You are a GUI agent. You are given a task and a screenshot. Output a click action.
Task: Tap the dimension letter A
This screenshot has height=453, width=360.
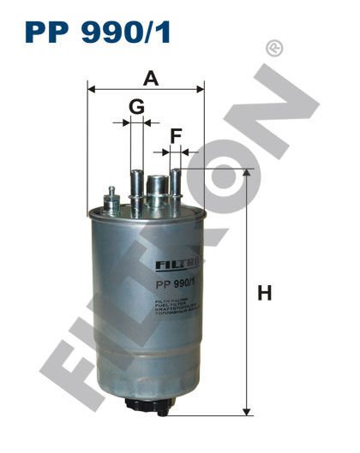(151, 79)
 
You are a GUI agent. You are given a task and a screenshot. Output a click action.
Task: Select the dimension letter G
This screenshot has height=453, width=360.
(135, 106)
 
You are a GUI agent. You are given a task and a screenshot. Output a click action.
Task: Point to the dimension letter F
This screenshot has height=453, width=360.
(176, 134)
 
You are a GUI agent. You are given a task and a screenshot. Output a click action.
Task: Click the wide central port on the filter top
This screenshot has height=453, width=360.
(158, 187)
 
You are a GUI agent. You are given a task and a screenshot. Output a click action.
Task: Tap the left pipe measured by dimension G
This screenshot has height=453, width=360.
(135, 188)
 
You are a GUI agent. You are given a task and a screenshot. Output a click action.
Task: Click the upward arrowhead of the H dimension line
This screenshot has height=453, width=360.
(247, 174)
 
